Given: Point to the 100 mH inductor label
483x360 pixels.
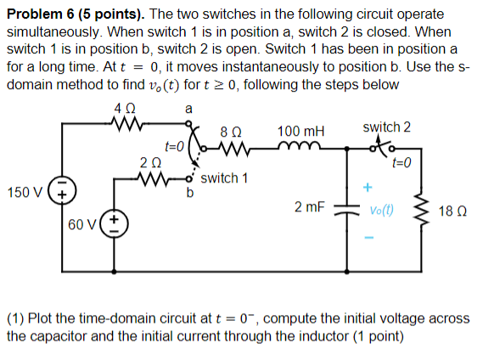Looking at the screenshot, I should pos(300,132).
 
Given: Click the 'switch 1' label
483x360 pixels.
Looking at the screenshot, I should pos(224,178).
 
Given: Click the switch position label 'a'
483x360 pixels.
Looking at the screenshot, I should pos(188,109).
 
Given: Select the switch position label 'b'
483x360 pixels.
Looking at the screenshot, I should pos(190,192).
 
